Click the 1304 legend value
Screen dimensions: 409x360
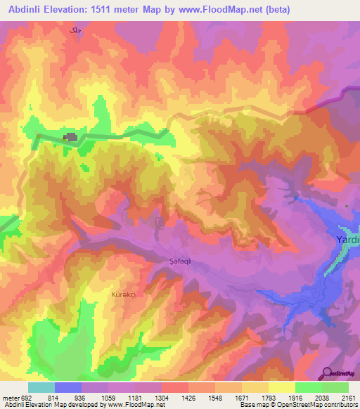(x=161, y=398)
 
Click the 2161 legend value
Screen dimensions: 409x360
(x=349, y=398)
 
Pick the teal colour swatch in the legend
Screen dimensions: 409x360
(x=41, y=387)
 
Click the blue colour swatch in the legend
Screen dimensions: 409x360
(x=68, y=387)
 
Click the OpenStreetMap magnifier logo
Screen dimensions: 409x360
(x=326, y=372)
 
